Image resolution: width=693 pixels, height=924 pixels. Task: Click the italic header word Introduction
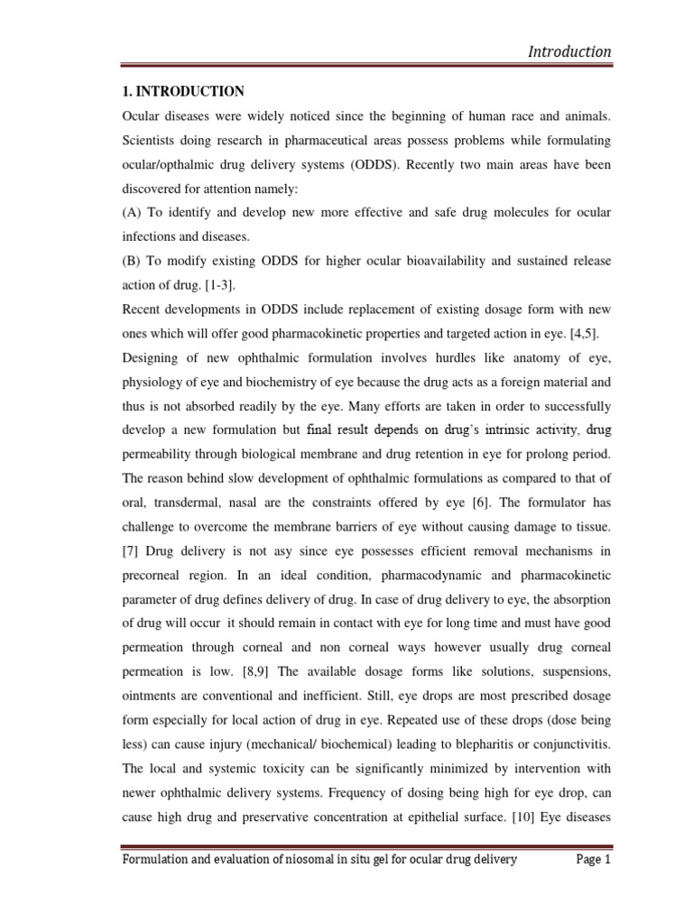point(568,51)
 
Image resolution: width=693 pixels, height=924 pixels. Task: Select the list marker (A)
point(134,212)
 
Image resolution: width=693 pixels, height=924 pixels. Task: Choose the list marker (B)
point(134,261)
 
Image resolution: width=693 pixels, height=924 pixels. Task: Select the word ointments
point(150,672)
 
